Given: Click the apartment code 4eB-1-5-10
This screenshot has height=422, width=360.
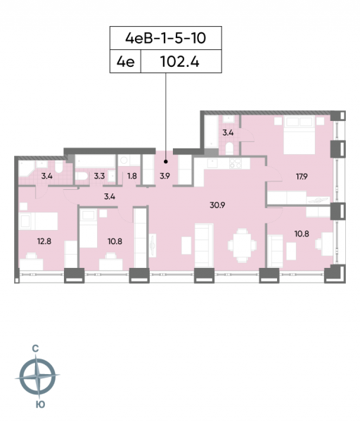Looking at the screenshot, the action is point(165,38).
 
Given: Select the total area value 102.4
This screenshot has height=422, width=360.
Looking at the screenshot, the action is point(180,62).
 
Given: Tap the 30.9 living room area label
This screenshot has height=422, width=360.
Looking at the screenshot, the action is point(217,205).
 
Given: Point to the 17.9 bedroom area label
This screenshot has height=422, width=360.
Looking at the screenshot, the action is point(302,177).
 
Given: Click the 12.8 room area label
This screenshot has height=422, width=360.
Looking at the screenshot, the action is point(44,241).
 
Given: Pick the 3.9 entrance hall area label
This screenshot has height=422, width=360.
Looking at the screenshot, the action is point(165,176).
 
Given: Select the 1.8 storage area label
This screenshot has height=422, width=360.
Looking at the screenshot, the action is point(132,176).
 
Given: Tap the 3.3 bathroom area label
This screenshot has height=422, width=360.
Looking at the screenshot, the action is point(99,176).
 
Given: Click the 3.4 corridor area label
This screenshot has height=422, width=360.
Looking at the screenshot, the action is point(110,196).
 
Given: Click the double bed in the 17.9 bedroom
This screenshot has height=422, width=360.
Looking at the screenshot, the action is point(300,135).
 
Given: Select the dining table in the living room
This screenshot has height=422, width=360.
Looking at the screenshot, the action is point(242,245).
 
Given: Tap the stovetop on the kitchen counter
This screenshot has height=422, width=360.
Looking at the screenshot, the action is point(236,163).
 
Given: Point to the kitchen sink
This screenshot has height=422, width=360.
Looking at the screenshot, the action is point(213,163).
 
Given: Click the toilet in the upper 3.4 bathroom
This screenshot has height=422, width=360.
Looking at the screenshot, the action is point(229,148).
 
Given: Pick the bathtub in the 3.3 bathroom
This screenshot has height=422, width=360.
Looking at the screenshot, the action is point(95,161).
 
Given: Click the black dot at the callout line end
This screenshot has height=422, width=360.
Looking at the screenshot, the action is point(166,162).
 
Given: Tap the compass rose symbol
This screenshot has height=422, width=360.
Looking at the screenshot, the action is point(37,376).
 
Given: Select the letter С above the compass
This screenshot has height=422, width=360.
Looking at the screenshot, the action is point(35,349).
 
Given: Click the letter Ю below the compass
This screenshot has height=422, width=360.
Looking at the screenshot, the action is point(40,404).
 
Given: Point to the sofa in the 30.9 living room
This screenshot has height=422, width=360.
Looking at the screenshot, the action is point(204,245).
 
